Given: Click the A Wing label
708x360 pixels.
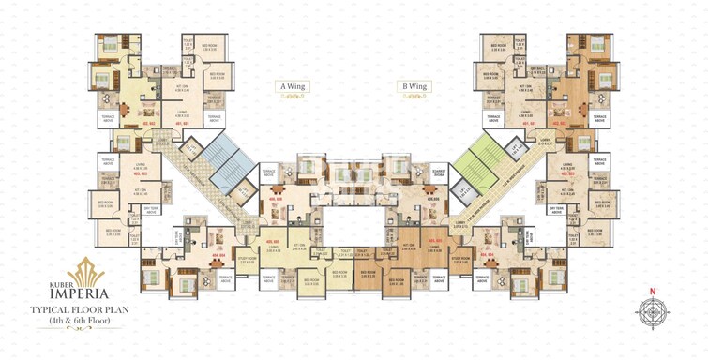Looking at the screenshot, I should point(291,86).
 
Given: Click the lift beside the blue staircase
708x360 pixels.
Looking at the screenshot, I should point(191,148).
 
